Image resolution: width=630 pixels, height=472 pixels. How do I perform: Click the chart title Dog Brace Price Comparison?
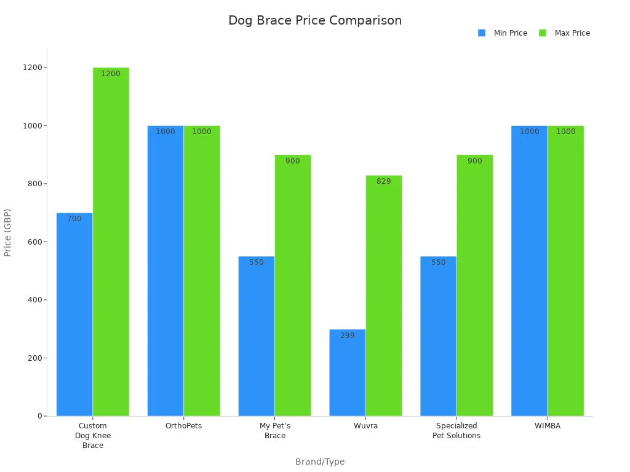(314, 20)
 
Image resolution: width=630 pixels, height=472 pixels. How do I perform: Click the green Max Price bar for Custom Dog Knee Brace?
(111, 246)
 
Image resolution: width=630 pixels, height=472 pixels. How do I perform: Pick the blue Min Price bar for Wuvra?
(347, 375)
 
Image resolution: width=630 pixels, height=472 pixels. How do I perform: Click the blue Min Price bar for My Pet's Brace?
(256, 338)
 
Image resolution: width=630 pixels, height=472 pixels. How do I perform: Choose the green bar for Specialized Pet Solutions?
(474, 289)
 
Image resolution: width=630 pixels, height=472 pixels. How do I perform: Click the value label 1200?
(111, 74)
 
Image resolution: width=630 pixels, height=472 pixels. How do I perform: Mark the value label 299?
(347, 336)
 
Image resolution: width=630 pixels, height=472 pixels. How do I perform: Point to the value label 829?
(383, 181)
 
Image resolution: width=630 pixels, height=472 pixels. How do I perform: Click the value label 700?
(74, 219)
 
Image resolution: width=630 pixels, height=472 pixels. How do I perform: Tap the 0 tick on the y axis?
(39, 416)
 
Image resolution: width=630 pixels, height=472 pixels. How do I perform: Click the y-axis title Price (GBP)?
(8, 232)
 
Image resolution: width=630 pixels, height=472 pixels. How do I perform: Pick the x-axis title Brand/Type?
(320, 462)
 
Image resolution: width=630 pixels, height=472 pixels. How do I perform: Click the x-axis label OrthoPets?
(183, 426)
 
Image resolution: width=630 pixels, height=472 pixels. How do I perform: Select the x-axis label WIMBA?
(547, 426)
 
